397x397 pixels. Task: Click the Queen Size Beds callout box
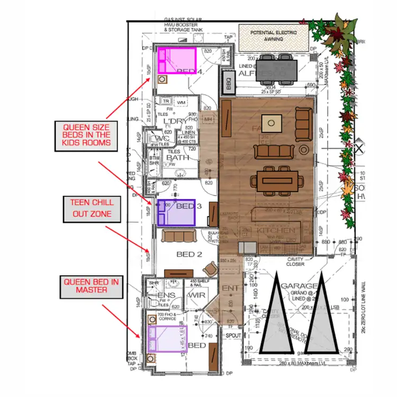pyautogui.click(x=87, y=134)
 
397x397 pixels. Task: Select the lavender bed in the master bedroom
pyautogui.click(x=167, y=338)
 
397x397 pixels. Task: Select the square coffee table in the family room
pyautogui.click(x=272, y=123)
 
